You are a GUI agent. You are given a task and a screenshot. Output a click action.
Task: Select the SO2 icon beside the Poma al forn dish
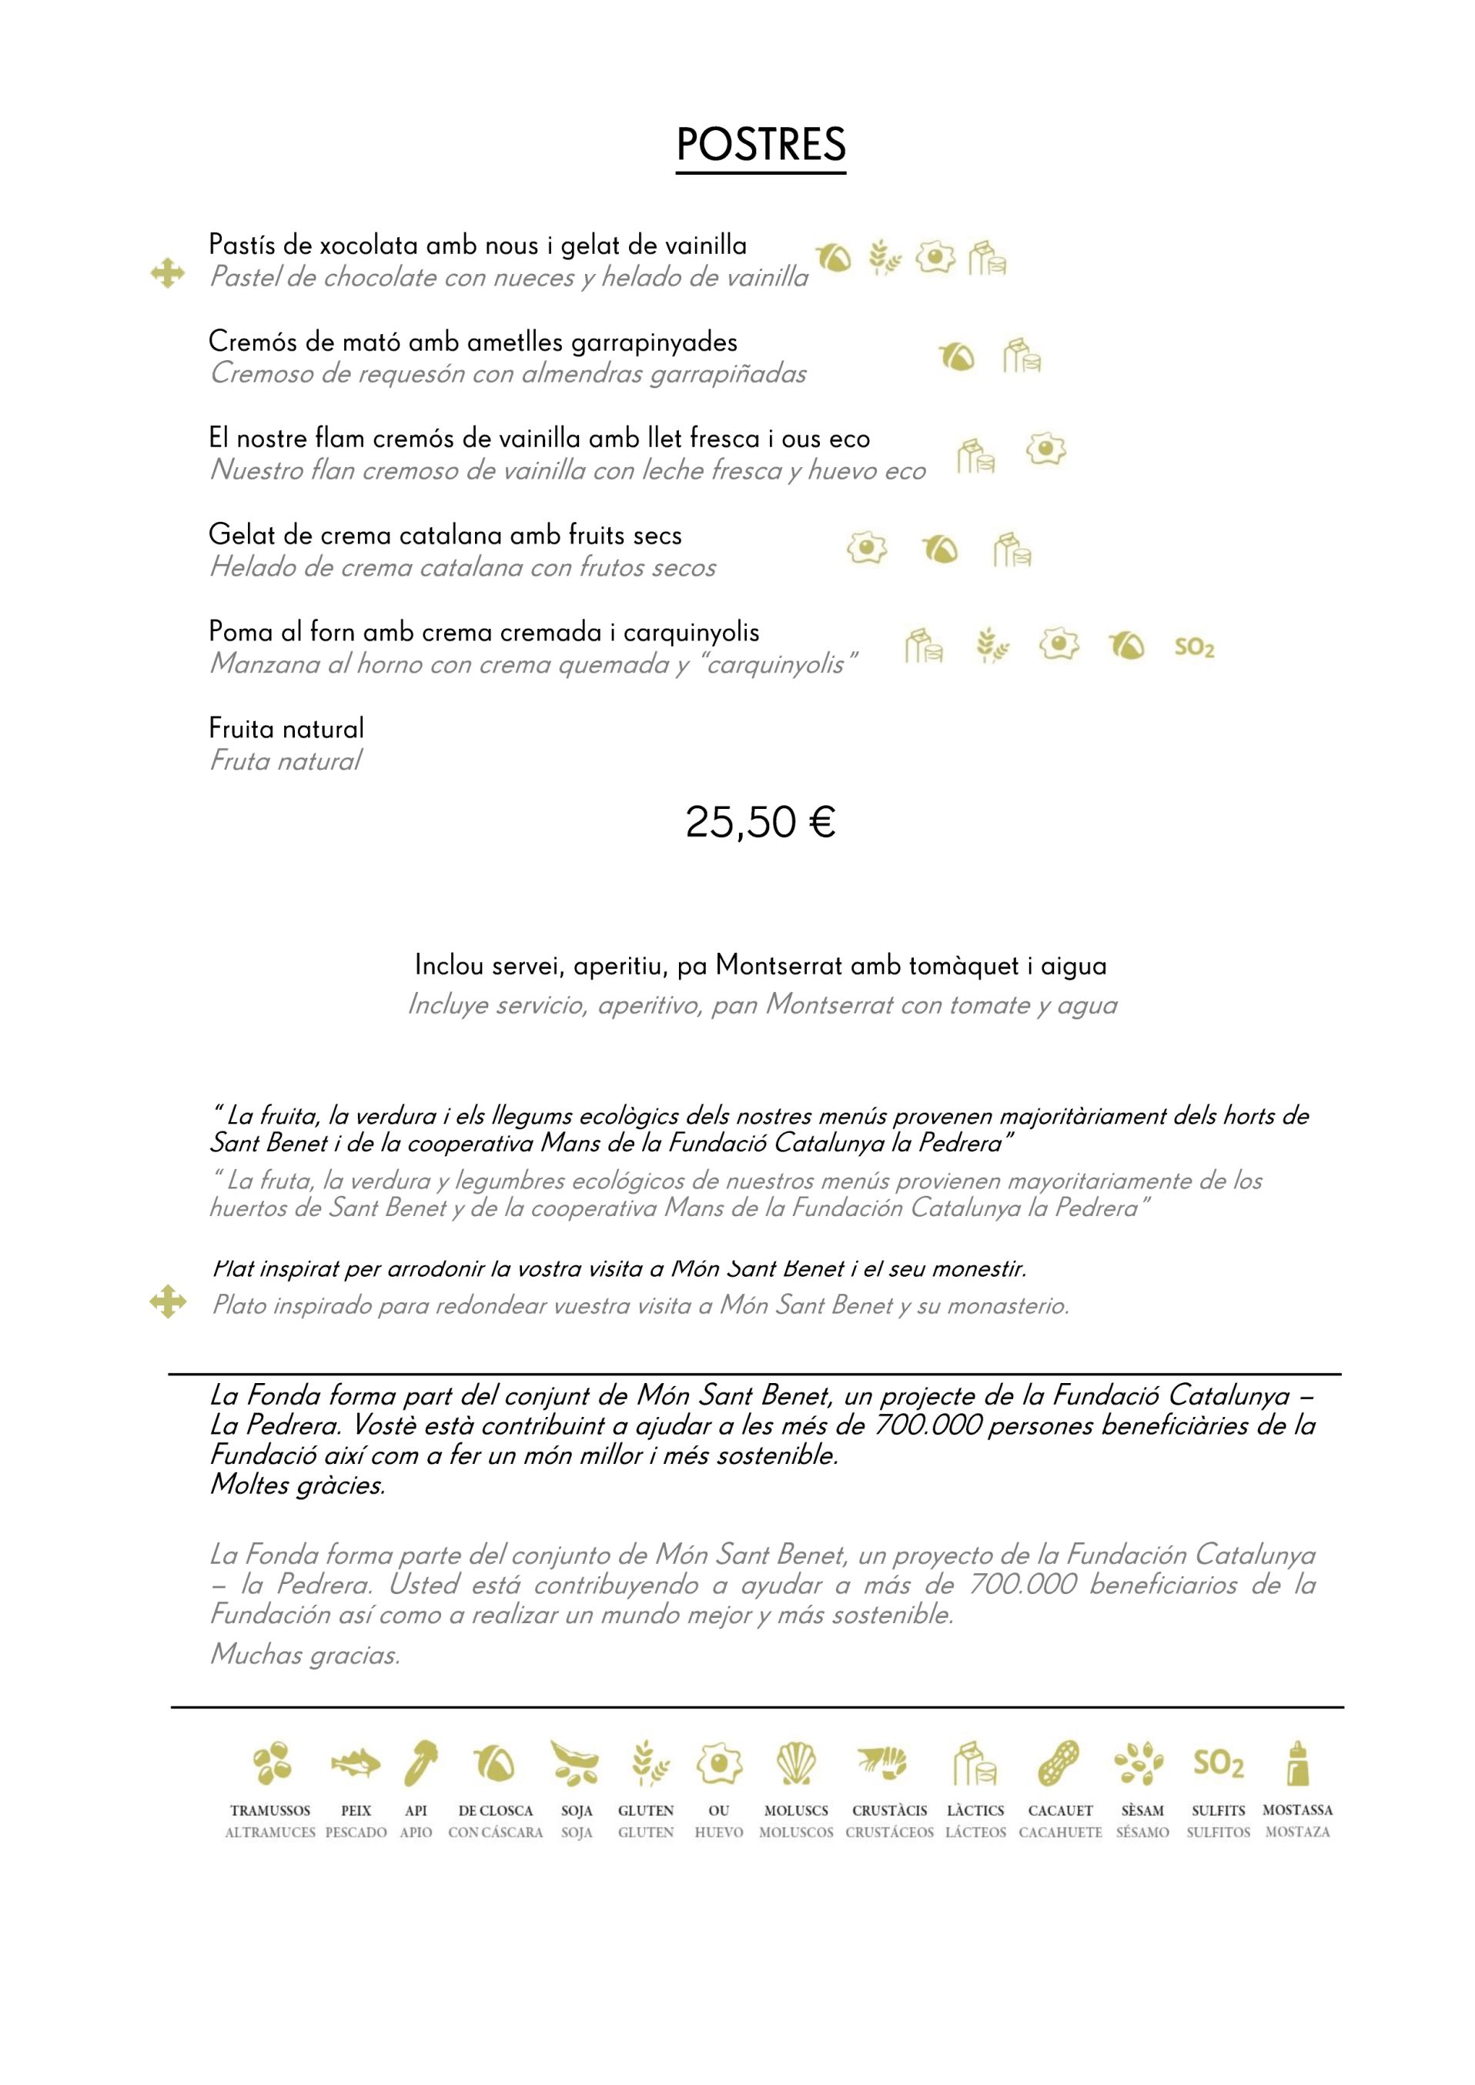click(x=1193, y=647)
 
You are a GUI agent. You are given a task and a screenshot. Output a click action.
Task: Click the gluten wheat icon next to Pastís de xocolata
click(x=884, y=258)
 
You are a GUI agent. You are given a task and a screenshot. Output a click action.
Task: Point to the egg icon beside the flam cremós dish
click(x=1045, y=449)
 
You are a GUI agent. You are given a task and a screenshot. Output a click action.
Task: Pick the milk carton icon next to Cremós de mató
click(x=1022, y=356)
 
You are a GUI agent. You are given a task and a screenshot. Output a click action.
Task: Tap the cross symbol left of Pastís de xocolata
click(x=168, y=272)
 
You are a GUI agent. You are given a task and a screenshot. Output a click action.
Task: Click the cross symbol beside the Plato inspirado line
click(x=168, y=1301)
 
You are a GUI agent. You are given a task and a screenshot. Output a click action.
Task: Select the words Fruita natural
click(x=286, y=728)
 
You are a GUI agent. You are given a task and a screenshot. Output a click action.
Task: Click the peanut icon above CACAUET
click(x=1059, y=1763)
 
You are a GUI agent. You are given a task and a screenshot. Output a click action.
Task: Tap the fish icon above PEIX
click(x=355, y=1763)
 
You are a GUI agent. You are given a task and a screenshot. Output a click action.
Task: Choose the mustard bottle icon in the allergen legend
click(x=1298, y=1763)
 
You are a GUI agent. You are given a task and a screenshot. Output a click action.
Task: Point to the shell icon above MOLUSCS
click(x=796, y=1763)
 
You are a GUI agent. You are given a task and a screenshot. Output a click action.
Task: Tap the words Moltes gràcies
click(x=298, y=1485)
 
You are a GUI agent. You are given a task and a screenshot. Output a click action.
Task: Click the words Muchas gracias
click(x=305, y=1654)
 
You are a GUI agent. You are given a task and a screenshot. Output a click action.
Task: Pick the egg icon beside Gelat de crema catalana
click(x=867, y=547)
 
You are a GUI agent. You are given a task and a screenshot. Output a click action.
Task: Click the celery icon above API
click(x=420, y=1763)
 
